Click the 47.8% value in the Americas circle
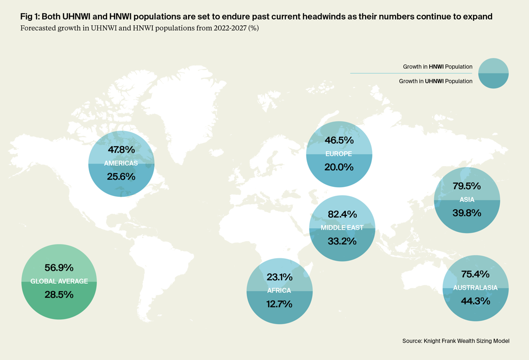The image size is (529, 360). [121, 150]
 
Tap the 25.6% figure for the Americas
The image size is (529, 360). [121, 177]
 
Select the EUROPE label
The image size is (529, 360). [339, 154]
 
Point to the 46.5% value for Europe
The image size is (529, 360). [339, 140]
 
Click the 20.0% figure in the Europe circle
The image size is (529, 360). [339, 167]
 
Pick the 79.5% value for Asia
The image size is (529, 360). [466, 186]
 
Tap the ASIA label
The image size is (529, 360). [467, 200]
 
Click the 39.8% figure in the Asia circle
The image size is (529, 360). [466, 213]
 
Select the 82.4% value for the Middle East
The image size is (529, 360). [342, 214]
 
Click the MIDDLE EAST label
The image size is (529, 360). [342, 228]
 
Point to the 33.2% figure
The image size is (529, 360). [342, 241]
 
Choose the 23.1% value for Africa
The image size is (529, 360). [279, 277]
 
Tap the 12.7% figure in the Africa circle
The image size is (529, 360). [279, 304]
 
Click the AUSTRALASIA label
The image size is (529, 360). [475, 288]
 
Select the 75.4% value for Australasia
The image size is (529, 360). [475, 274]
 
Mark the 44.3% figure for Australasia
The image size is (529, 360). [475, 301]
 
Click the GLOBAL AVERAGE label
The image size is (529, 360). [59, 281]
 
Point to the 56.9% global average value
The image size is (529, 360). [59, 268]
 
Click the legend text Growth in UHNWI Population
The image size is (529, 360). [435, 81]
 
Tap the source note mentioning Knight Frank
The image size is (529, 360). [456, 341]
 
